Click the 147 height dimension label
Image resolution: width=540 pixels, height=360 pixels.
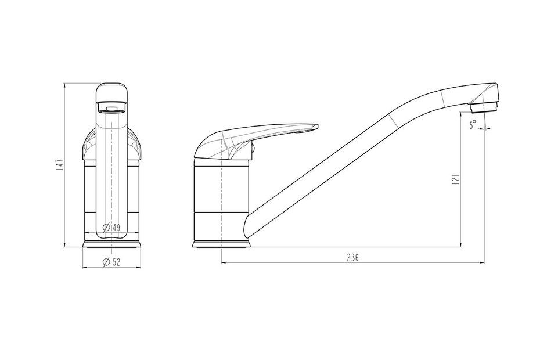[60, 165]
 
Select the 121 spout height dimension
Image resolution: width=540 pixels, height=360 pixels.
[456, 179]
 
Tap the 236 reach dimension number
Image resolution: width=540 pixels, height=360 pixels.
[352, 257]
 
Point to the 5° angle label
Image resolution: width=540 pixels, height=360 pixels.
[473, 124]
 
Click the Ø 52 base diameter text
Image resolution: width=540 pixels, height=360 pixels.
[111, 262]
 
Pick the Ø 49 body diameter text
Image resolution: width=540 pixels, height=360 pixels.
[111, 228]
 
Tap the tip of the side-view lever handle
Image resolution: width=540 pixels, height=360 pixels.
[317, 127]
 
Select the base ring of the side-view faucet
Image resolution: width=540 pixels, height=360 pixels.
[221, 244]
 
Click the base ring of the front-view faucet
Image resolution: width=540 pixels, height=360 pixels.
[112, 244]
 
